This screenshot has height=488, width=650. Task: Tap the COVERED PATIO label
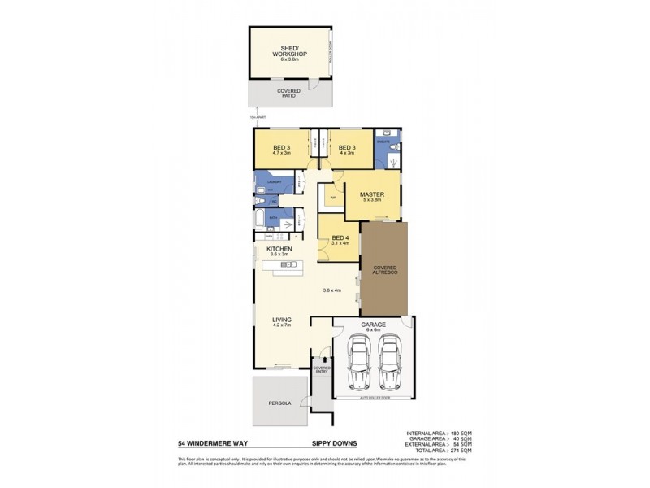(288, 93)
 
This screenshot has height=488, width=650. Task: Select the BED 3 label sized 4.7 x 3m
(280, 150)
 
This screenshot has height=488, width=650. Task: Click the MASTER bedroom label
(371, 196)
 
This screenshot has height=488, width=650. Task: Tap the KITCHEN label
(279, 251)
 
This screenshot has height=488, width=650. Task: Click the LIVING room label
(282, 323)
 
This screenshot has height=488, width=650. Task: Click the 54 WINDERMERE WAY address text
(212, 444)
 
